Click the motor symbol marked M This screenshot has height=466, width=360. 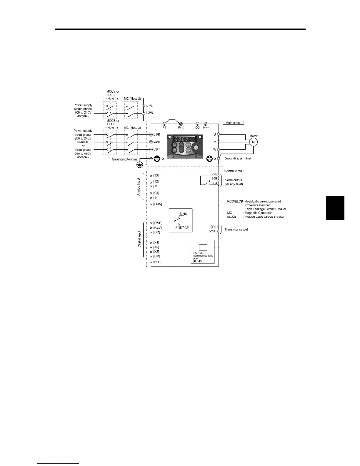click(253, 142)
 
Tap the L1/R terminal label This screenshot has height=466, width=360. click(157, 134)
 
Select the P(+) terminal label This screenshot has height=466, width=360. click(181, 128)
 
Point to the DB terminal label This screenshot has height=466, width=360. click(197, 128)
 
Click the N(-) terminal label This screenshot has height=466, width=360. click(206, 128)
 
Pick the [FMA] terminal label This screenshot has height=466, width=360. click(158, 204)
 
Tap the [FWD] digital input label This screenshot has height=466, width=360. click(158, 223)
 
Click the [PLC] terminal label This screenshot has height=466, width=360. click(157, 262)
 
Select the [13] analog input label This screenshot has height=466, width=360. click(156, 175)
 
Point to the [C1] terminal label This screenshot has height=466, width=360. click(156, 193)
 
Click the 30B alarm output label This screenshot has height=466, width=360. click(214, 178)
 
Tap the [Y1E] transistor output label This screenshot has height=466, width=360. click(212, 232)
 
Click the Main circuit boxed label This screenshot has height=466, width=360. click(234, 123)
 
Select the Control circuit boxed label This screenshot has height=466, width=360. click(234, 171)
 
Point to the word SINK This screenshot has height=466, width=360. click(183, 214)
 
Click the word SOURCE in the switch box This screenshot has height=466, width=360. click(182, 228)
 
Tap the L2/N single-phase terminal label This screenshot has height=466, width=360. click(150, 113)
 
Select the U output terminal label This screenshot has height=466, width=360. click(215, 134)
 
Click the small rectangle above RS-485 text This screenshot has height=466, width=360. click(203, 247)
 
